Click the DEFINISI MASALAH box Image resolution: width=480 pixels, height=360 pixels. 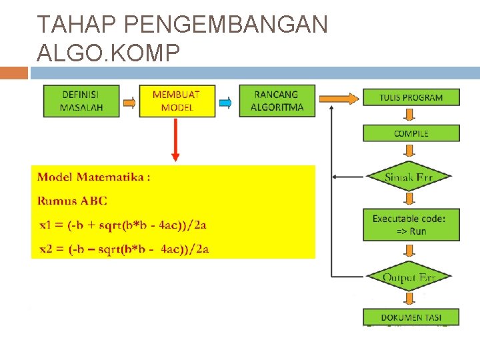[x=81, y=101]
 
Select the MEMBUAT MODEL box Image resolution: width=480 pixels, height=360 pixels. [x=176, y=101]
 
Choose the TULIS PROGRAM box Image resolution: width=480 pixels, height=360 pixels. [x=411, y=97]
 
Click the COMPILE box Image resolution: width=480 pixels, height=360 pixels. [x=411, y=133]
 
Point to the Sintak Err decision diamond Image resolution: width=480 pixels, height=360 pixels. [x=409, y=177]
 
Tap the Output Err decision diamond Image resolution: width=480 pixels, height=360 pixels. [x=409, y=277]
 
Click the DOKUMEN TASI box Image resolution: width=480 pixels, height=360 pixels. [x=411, y=317]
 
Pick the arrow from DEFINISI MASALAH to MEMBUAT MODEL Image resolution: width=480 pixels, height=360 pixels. [x=129, y=102]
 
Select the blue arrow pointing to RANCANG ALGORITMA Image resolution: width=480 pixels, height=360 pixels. [x=225, y=102]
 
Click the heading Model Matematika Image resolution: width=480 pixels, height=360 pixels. [x=93, y=177]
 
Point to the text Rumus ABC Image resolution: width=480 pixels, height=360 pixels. [x=72, y=201]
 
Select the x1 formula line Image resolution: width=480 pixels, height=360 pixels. [x=123, y=225]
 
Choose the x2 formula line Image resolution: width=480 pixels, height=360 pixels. [x=124, y=249]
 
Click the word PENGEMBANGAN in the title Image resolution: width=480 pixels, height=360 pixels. [x=226, y=25]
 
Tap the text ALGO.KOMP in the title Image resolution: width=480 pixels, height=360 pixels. [x=109, y=53]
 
